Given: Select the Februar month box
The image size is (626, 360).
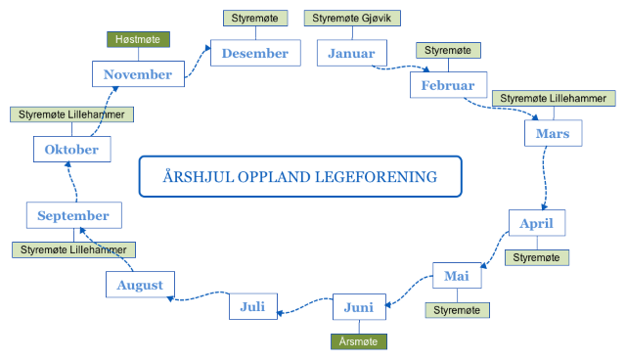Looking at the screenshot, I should (x=448, y=85).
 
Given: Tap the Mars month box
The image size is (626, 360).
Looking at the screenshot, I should (x=554, y=132).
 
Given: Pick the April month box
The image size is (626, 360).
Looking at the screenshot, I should (x=537, y=223).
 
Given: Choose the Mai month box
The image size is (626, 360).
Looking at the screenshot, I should (x=457, y=277).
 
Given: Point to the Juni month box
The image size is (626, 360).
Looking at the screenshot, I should (x=359, y=308).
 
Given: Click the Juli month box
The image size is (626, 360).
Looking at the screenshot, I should (x=253, y=307).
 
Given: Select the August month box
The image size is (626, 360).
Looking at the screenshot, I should (x=140, y=285).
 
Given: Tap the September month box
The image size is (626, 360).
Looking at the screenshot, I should (x=73, y=215).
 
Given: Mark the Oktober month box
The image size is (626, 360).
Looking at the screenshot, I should (x=71, y=150).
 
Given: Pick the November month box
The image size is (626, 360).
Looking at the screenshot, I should (x=138, y=73).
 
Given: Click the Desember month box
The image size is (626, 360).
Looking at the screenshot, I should (x=255, y=54).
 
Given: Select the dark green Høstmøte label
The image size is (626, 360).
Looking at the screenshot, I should (x=139, y=40).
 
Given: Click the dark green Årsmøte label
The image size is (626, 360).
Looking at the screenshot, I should (x=359, y=341).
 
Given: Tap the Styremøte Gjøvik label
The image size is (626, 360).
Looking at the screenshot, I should (x=352, y=19).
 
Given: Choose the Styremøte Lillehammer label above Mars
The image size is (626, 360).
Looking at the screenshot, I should (x=554, y=98).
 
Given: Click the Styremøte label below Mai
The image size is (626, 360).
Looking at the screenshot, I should (x=457, y=309).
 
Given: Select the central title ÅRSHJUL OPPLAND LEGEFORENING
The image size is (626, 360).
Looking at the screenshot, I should (x=299, y=177).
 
